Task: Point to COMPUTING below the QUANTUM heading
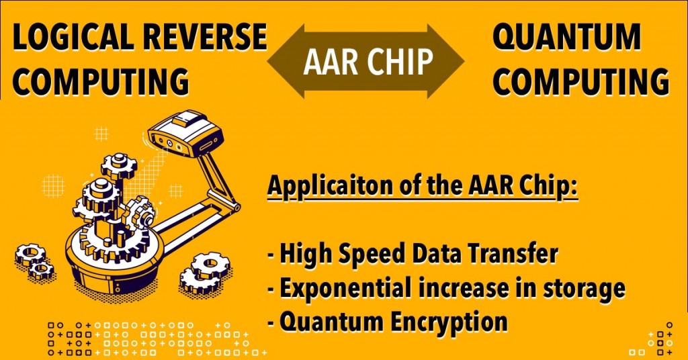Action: [585, 81]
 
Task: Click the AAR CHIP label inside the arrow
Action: [366, 62]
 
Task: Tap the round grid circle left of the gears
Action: [53, 183]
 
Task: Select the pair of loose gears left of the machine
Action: [35, 261]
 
